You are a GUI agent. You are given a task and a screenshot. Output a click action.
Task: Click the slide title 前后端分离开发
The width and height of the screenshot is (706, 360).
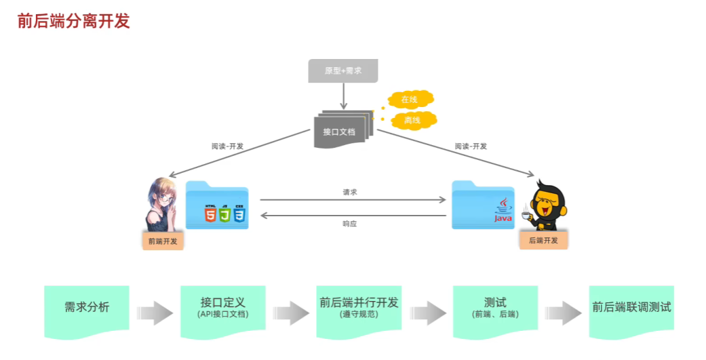tap(73, 21)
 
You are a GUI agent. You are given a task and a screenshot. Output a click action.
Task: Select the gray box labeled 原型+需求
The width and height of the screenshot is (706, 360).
tap(342, 71)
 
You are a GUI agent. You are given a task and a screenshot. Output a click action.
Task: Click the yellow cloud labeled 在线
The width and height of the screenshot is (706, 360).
tap(409, 100)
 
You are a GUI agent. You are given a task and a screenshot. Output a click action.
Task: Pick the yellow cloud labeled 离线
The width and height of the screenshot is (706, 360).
tap(412, 121)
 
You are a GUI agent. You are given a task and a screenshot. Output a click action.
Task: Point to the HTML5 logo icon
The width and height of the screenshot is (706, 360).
tap(210, 216)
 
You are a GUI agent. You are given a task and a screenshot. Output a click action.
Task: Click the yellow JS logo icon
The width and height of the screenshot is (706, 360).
tap(224, 216)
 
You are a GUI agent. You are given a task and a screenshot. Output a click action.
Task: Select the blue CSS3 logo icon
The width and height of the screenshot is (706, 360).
tap(239, 216)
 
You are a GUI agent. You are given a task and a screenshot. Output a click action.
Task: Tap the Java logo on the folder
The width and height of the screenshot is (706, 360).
tap(503, 211)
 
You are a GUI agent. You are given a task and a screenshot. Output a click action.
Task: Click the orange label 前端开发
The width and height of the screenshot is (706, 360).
tap(163, 241)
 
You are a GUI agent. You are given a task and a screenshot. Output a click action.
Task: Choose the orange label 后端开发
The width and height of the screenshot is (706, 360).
tap(543, 240)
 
